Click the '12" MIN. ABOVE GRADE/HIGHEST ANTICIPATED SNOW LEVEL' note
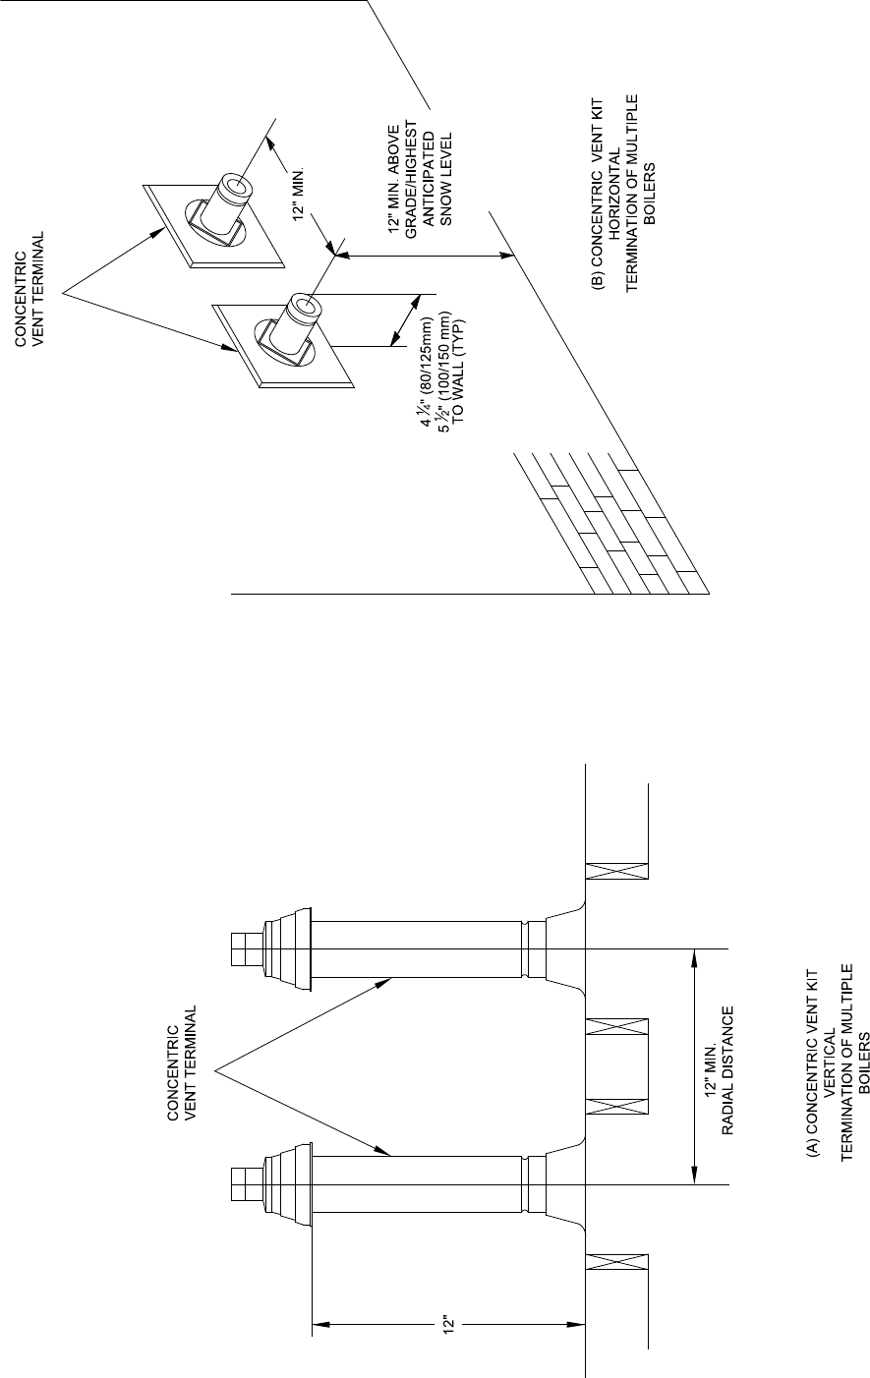click(420, 176)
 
